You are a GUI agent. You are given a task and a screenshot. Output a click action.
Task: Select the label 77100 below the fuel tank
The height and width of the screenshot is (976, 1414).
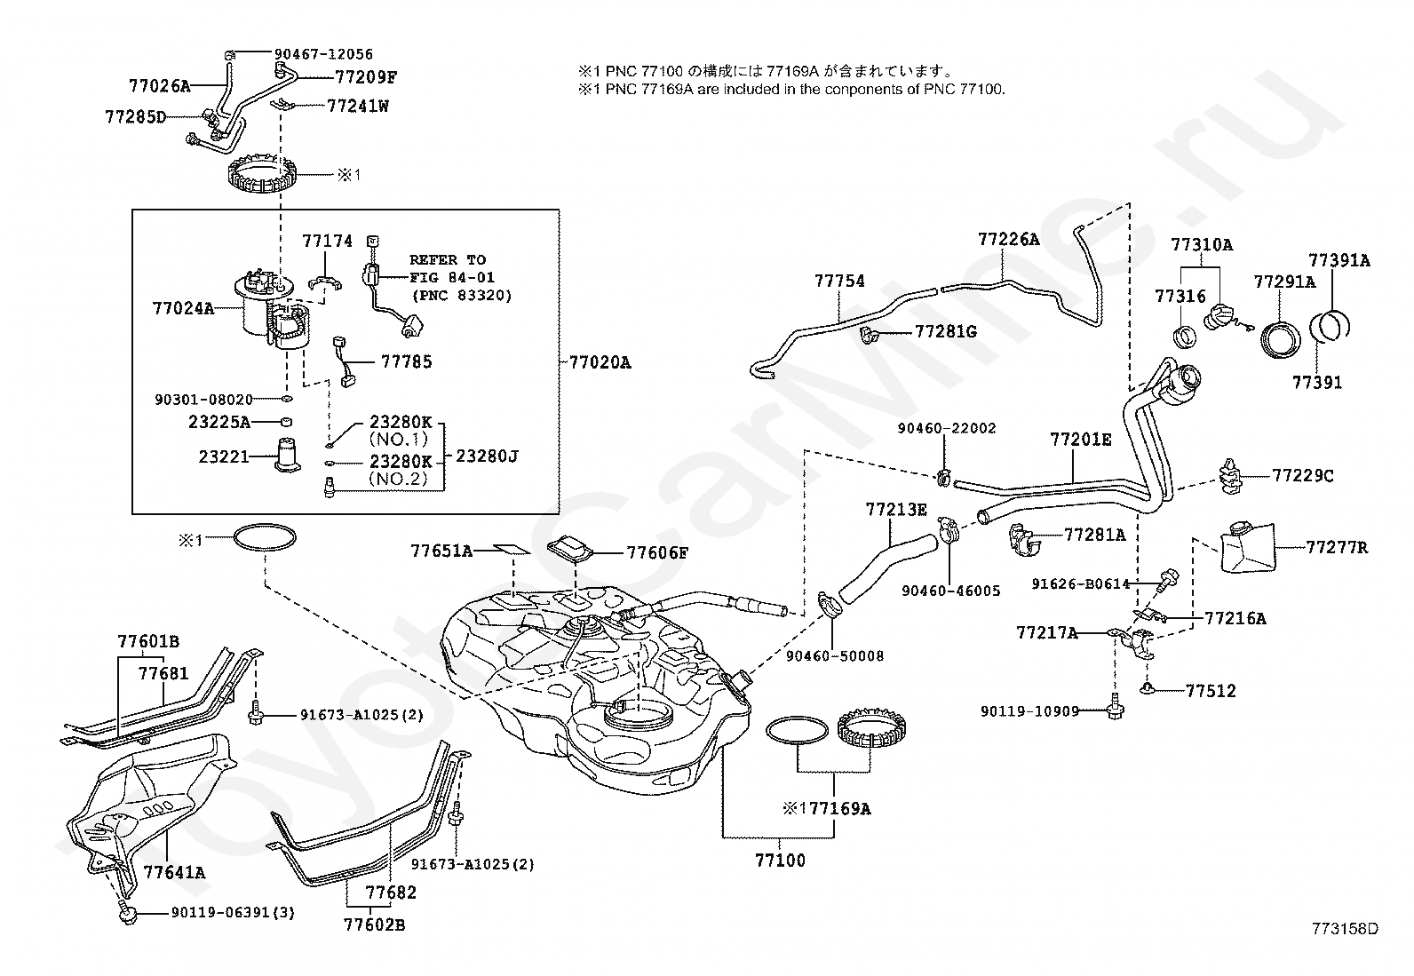(780, 860)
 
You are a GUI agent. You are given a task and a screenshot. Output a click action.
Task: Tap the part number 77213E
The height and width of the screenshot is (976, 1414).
(895, 509)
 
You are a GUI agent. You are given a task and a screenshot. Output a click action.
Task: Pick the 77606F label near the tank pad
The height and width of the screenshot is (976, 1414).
(657, 552)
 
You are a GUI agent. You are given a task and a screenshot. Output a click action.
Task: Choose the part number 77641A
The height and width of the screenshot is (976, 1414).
(174, 872)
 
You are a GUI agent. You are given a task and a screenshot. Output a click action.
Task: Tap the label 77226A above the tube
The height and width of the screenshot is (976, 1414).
(1008, 239)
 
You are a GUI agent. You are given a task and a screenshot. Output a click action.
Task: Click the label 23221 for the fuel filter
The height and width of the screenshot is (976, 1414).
(223, 456)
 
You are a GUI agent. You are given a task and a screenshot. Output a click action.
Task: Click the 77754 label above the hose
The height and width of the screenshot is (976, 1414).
(839, 281)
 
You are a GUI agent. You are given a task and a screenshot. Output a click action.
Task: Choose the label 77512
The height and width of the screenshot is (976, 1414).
(1210, 690)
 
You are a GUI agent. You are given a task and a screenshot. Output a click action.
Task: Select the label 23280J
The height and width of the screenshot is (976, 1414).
(487, 456)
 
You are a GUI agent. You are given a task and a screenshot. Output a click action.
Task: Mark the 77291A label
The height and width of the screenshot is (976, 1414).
(1284, 282)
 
